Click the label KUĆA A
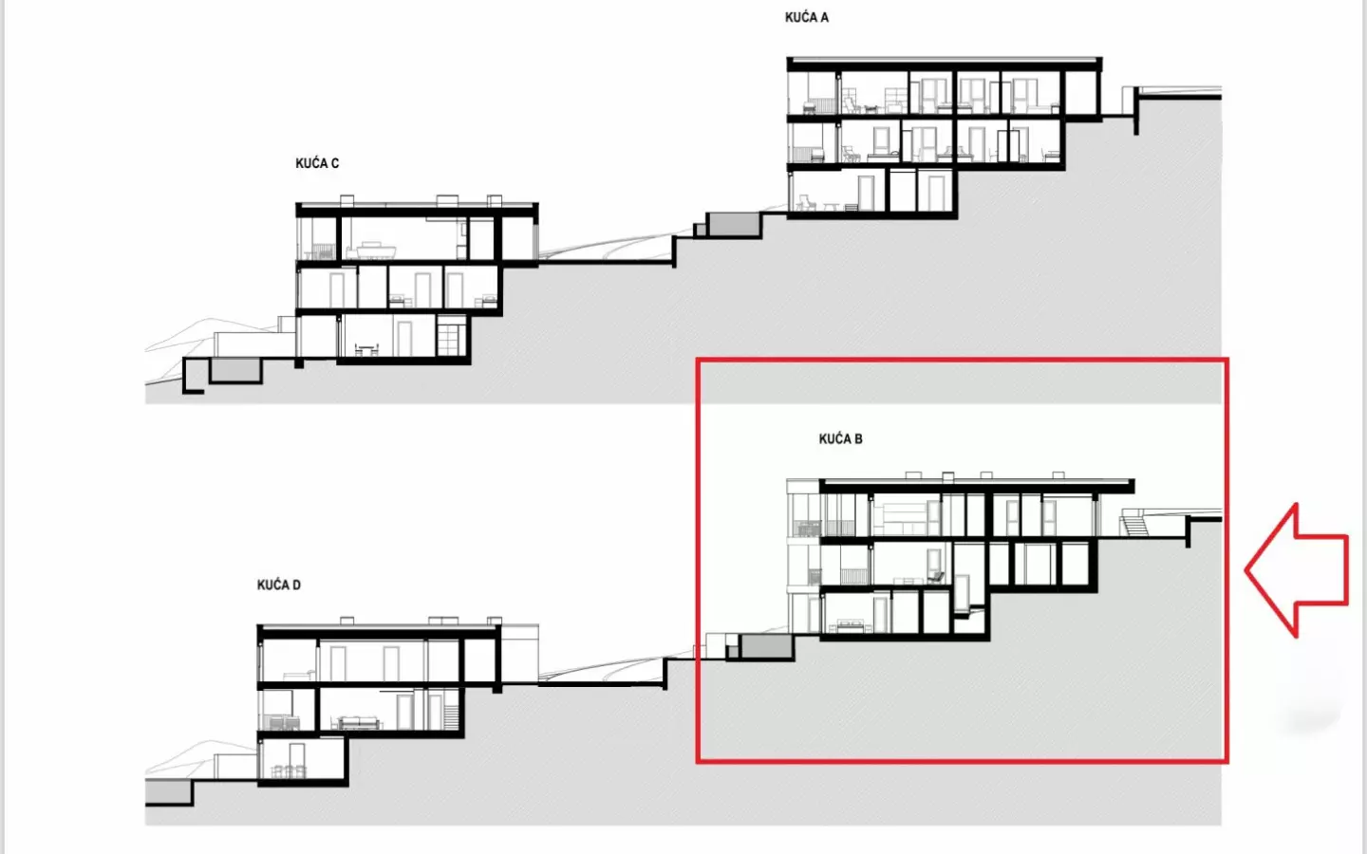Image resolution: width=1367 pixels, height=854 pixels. [806, 17]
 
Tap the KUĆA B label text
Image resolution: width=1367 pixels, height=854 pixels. [840, 438]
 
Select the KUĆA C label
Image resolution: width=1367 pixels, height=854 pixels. [317, 163]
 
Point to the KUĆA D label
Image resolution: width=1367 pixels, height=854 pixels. [278, 585]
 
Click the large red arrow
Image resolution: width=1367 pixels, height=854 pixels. [1297, 570]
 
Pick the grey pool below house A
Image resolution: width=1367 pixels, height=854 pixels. [734, 225]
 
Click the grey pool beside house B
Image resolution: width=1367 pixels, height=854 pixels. [766, 646]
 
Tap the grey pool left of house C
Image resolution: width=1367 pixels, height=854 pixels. [235, 370]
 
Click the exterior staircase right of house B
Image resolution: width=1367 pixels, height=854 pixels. [1133, 526]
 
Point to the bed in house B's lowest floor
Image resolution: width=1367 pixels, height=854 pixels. [847, 626]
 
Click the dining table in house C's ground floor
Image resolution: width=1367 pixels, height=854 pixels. [366, 349]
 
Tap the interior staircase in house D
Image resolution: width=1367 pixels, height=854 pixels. [451, 716]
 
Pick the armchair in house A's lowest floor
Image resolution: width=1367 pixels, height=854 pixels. [806, 202]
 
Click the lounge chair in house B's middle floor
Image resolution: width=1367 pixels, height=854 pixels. [936, 577]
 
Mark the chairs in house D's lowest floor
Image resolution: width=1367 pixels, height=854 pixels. [288, 771]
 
